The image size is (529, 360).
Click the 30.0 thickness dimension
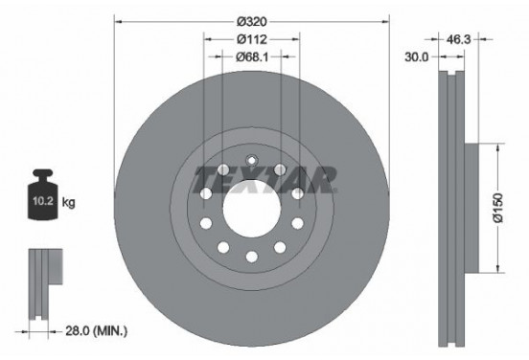point(416,56)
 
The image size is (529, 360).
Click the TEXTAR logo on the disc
point(264,178)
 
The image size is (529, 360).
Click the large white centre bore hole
point(250,206)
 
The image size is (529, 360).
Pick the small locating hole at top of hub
point(250,161)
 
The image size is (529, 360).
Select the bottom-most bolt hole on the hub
point(250,256)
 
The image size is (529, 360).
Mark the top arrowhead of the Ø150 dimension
point(496,146)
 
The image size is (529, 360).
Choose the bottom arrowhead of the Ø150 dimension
point(496,266)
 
